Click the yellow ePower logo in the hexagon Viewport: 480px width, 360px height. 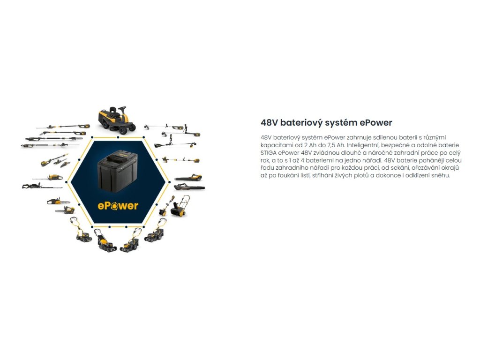pos(118,205)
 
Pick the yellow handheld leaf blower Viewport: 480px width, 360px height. pos(188,178)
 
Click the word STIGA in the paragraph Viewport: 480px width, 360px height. pos(270,153)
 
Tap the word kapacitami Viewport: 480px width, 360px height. pos(276,145)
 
